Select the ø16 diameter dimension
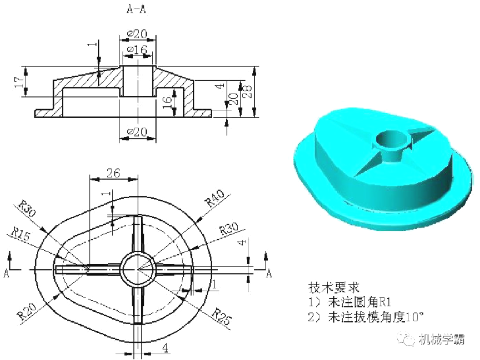tap(137, 50)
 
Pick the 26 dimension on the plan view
tap(113, 173)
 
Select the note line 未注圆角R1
tap(350, 302)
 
